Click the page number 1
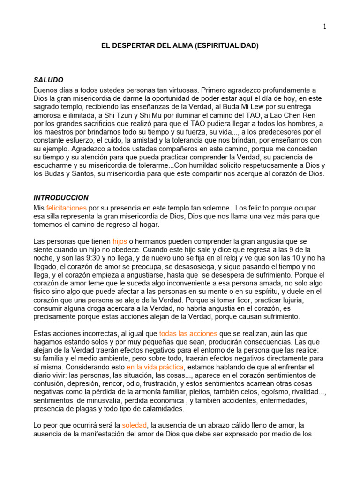pos(324,26)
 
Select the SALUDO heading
pos(48,80)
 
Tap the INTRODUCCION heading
pos(61,198)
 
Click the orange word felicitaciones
pos(66,207)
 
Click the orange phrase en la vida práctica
pos(155,367)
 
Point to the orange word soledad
pos(135,426)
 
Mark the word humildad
pos(221,165)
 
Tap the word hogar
pos(148,224)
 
